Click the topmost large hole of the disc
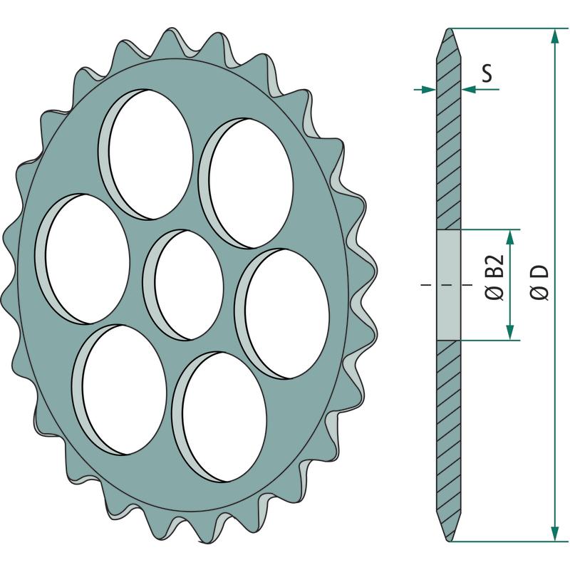pyautogui.click(x=145, y=155)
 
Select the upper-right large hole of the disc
pyautogui.click(x=246, y=184)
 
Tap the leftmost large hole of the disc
pyautogui.click(x=83, y=259)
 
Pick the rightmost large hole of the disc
pyautogui.click(x=281, y=313)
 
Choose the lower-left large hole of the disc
pyautogui.click(x=119, y=389)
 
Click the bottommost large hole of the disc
pyautogui.click(x=219, y=418)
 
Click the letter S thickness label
pyautogui.click(x=487, y=73)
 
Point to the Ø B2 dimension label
pyautogui.click(x=494, y=277)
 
